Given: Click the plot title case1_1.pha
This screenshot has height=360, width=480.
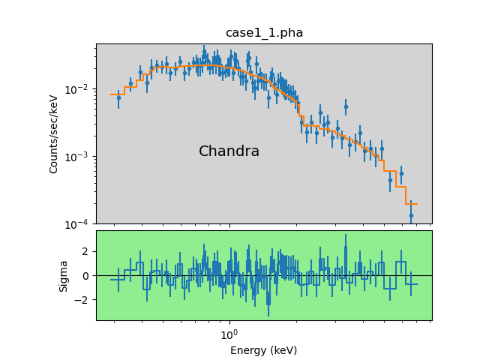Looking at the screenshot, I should pyautogui.click(x=264, y=33).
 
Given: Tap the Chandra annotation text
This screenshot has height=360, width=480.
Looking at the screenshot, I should pyautogui.click(x=229, y=151).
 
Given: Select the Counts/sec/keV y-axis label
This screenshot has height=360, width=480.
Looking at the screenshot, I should pyautogui.click(x=54, y=133).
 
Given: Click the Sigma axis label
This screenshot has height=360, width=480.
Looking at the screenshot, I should pyautogui.click(x=64, y=275).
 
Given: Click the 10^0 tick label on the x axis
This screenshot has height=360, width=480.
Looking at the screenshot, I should pyautogui.click(x=229, y=333).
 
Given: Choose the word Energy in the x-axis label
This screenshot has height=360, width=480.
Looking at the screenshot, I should pyautogui.click(x=246, y=350).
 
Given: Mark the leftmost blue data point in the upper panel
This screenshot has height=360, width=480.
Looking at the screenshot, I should pyautogui.click(x=118, y=97).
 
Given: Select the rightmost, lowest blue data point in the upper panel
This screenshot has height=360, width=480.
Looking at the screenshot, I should pyautogui.click(x=411, y=215).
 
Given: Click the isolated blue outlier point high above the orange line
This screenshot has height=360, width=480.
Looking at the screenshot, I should pyautogui.click(x=346, y=106).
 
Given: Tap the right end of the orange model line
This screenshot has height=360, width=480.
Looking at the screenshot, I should pyautogui.click(x=416, y=204).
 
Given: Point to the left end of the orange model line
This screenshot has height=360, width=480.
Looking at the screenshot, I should pyautogui.click(x=112, y=94).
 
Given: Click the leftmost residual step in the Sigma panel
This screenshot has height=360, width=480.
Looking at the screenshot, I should pyautogui.click(x=118, y=279).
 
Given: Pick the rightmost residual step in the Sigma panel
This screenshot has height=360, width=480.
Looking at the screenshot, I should pyautogui.click(x=411, y=283).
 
